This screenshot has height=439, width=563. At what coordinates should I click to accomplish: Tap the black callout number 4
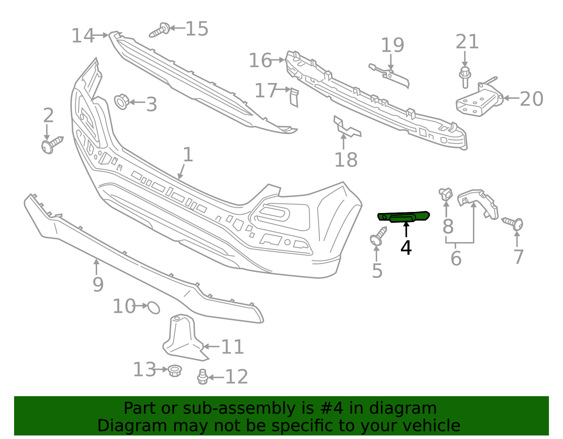(x=406, y=248)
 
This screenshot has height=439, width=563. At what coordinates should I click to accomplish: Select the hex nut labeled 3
(x=122, y=102)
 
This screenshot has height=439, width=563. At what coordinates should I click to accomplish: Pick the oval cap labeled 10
(x=154, y=308)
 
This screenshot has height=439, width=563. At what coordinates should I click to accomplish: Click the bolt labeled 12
(x=202, y=377)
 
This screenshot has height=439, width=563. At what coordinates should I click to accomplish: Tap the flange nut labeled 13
(x=174, y=370)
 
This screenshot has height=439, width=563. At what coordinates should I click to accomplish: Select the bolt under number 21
(x=464, y=78)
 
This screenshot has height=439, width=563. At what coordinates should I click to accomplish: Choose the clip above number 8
(x=446, y=194)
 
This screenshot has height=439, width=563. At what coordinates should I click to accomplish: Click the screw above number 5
(x=378, y=237)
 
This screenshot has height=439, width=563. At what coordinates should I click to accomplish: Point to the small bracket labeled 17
(x=294, y=96)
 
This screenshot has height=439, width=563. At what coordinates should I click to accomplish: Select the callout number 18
(x=346, y=160)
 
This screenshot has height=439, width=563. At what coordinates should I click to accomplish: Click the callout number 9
(x=98, y=284)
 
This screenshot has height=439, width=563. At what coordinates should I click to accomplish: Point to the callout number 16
(x=260, y=60)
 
